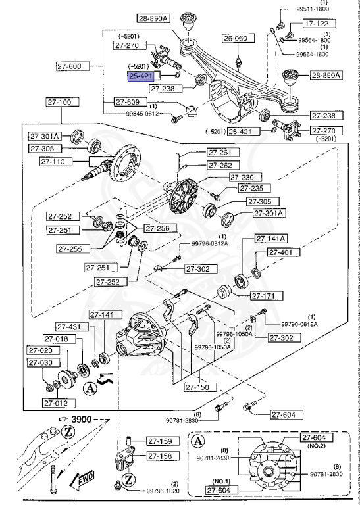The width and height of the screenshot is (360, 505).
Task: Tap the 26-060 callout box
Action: point(236,39)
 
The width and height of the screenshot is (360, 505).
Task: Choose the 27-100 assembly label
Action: point(62,103)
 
